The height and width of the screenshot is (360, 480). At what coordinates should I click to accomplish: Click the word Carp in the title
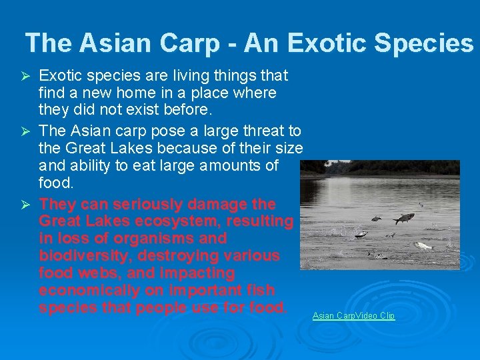189,43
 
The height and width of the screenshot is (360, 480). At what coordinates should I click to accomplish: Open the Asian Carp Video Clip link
353,315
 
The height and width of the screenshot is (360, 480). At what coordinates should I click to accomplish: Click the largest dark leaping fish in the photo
403,218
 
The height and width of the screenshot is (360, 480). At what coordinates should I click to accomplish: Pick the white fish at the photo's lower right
423,245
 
